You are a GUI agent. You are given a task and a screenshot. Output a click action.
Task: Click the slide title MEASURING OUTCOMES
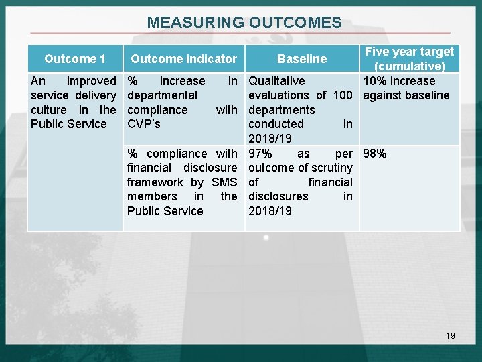click(244, 23)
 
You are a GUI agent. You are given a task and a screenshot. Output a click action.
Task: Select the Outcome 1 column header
click(75, 59)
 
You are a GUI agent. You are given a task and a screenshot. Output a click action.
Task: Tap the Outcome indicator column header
click(183, 59)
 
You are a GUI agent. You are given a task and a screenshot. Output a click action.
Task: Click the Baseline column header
click(302, 59)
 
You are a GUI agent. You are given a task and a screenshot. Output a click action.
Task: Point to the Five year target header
click(409, 52)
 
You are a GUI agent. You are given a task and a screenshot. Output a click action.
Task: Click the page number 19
click(450, 335)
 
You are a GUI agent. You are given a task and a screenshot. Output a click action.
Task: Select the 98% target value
click(375, 154)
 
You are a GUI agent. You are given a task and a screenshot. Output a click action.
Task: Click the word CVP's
click(144, 124)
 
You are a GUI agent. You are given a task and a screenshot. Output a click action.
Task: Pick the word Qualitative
click(276, 81)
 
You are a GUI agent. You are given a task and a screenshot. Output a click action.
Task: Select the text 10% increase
click(399, 81)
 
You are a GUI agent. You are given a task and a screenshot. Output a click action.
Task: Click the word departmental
click(162, 95)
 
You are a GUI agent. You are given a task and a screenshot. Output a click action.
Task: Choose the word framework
click(155, 182)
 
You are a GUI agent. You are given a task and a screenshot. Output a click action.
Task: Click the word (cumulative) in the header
click(409, 66)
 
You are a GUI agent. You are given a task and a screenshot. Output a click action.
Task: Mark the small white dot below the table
click(266, 237)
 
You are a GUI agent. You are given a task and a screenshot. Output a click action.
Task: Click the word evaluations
click(278, 95)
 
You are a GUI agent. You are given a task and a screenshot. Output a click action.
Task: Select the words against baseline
click(406, 95)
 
